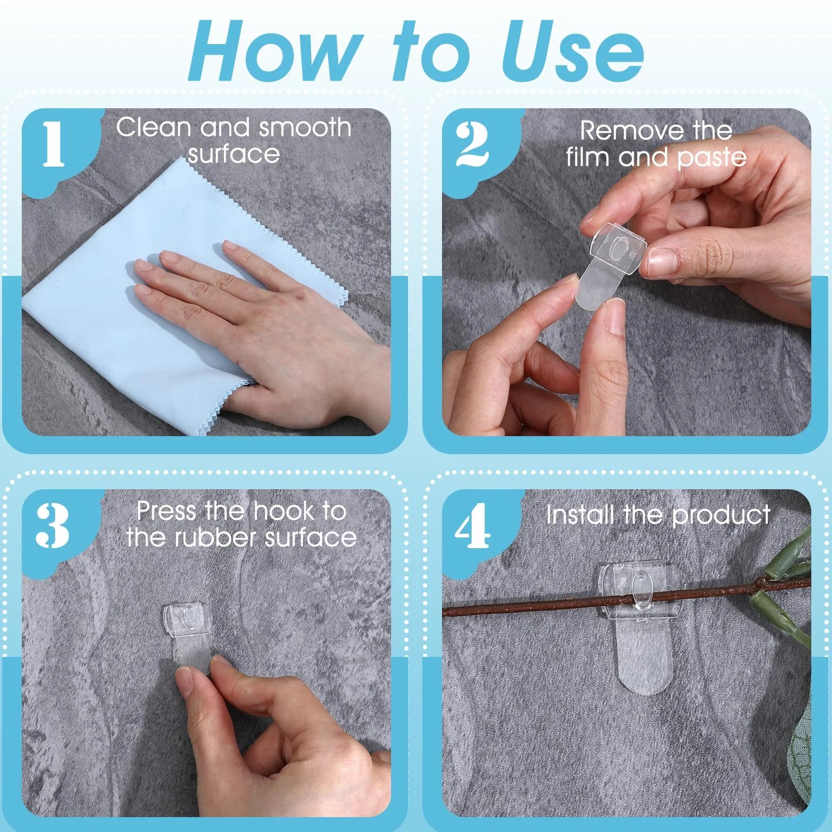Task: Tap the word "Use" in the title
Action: pyautogui.click(x=573, y=51)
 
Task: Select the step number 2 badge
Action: pyautogui.click(x=472, y=144)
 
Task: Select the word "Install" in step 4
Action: pyautogui.click(x=581, y=515)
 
